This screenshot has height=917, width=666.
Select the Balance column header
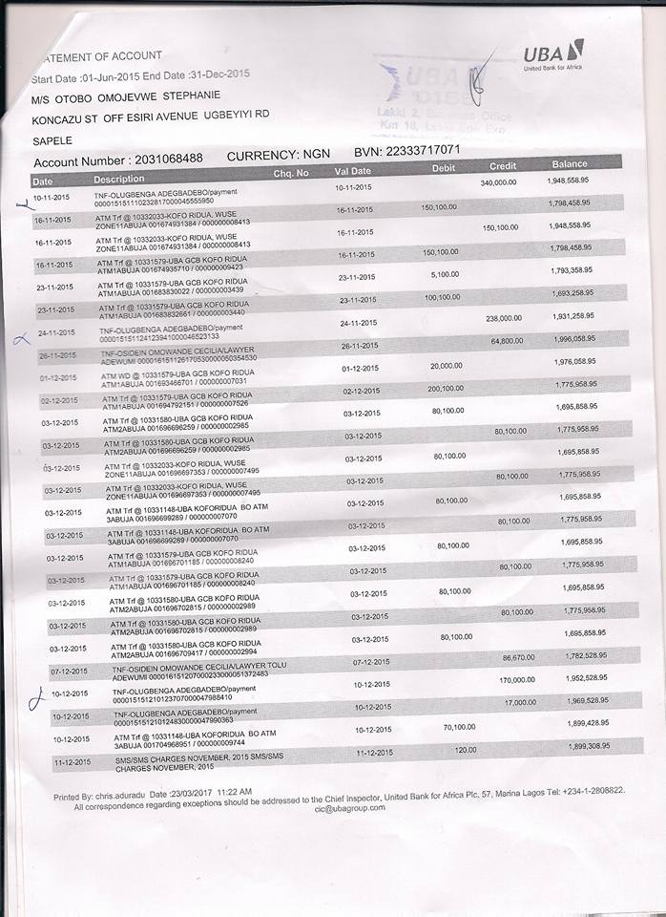569,164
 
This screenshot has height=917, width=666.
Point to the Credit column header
503,166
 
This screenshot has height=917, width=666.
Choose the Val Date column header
352,171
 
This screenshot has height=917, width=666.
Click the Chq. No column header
291,173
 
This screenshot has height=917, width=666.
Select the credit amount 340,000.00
497,181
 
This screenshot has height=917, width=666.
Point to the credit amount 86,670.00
520,658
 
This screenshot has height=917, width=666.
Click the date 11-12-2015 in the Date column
72,762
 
